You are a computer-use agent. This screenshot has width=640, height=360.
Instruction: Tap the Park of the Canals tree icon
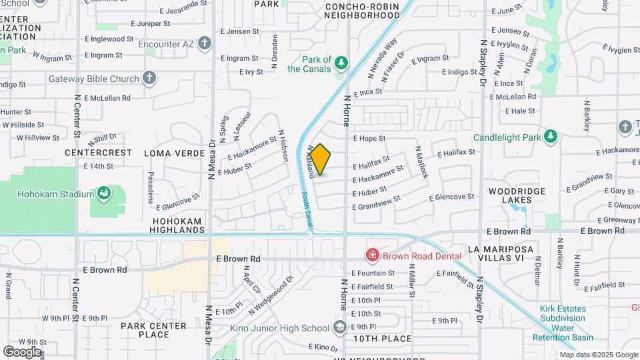[341, 63]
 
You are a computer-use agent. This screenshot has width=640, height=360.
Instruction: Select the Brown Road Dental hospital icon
[372, 255]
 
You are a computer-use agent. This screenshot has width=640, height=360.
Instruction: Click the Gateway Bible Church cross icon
[149, 78]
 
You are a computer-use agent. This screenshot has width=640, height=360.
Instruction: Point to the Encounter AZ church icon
[205, 44]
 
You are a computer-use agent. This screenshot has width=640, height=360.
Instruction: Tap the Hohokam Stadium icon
[104, 194]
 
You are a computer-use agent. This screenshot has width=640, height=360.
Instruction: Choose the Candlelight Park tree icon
[550, 137]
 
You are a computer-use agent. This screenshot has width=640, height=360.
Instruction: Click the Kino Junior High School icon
[340, 327]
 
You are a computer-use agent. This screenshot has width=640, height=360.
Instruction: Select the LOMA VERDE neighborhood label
[175, 153]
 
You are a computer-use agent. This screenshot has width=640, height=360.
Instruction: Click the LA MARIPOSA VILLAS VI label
[501, 254]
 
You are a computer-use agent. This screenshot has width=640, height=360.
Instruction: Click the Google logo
[23, 351]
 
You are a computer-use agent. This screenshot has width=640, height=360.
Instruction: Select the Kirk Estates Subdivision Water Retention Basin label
[563, 323]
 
